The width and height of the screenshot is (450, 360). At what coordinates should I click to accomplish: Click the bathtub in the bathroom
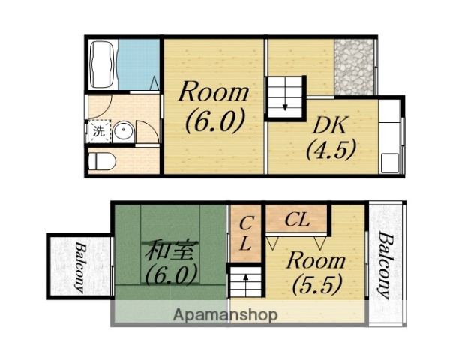tap(103, 64)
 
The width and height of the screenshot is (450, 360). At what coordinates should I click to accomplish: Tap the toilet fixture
tap(101, 161)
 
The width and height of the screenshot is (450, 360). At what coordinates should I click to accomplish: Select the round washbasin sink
tap(124, 131)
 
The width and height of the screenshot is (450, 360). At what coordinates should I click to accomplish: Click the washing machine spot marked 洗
tap(99, 131)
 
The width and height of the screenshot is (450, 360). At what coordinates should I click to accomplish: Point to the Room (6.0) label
tap(214, 106)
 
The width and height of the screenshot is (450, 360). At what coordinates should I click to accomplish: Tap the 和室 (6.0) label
tap(172, 262)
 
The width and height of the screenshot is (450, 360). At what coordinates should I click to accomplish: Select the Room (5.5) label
tap(316, 272)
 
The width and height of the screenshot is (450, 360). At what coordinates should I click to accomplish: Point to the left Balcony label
tap(79, 267)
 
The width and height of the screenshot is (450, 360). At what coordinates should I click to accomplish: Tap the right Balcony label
tap(385, 265)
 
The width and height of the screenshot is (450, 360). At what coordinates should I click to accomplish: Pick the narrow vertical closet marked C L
tap(245, 233)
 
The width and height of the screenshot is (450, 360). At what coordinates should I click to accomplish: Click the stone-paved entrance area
tap(354, 67)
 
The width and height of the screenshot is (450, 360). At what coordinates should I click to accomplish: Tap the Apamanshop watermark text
tap(225, 314)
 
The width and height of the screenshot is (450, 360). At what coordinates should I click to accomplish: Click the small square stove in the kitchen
tap(390, 163)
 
